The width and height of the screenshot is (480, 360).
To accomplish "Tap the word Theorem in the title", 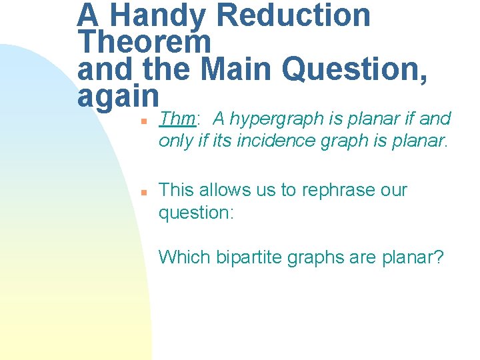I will tap(144, 42).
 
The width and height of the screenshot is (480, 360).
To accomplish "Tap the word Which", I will tap(185, 257).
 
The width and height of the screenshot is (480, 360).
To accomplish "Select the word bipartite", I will tap(249, 257).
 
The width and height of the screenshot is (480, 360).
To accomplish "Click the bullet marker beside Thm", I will tap(143, 121).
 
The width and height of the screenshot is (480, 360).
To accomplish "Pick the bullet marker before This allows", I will tap(143, 192).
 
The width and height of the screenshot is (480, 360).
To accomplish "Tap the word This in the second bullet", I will tap(176, 190).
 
